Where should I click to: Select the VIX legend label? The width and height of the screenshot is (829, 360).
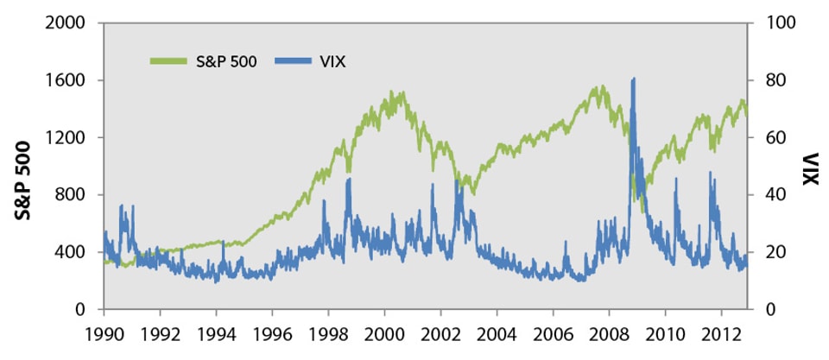(x=332, y=61)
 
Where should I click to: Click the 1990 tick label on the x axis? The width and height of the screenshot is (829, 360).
(x=104, y=332)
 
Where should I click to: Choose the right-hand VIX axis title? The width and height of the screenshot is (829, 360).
(x=809, y=168)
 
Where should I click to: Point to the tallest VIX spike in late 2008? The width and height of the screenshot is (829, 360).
(x=635, y=79)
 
